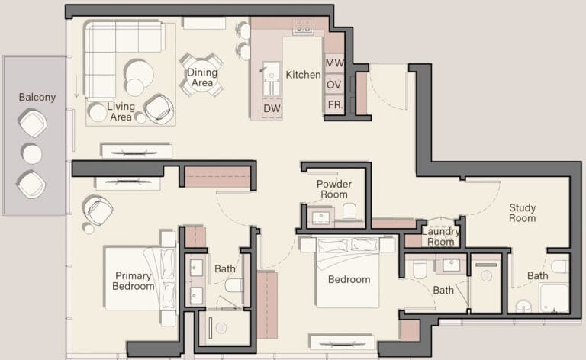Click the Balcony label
point(37,97)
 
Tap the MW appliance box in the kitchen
point(334,63)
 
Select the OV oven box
point(334,85)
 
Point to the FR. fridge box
point(335,105)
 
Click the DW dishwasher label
point(272,108)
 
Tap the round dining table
point(201,76)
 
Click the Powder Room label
point(334,189)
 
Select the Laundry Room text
point(440,236)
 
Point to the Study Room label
point(523,213)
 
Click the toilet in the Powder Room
point(349,212)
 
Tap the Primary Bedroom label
point(133,281)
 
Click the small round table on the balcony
point(32,154)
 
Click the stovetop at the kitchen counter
point(303,27)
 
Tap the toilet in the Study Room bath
point(559,267)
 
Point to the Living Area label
point(121,111)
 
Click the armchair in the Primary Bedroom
point(98,210)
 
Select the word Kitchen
point(303,75)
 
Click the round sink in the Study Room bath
point(523,307)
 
